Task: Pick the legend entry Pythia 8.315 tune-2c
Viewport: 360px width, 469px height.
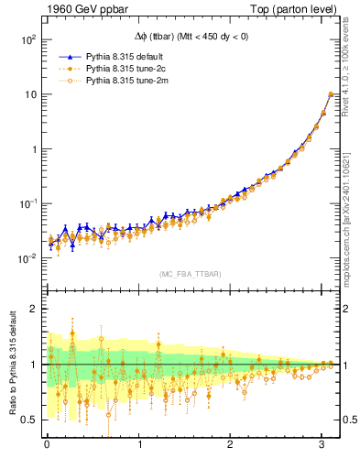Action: pos(124,69)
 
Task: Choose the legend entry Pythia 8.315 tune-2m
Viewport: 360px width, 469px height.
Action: pos(125,81)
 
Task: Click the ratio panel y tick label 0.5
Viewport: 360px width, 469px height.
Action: pos(28,420)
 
